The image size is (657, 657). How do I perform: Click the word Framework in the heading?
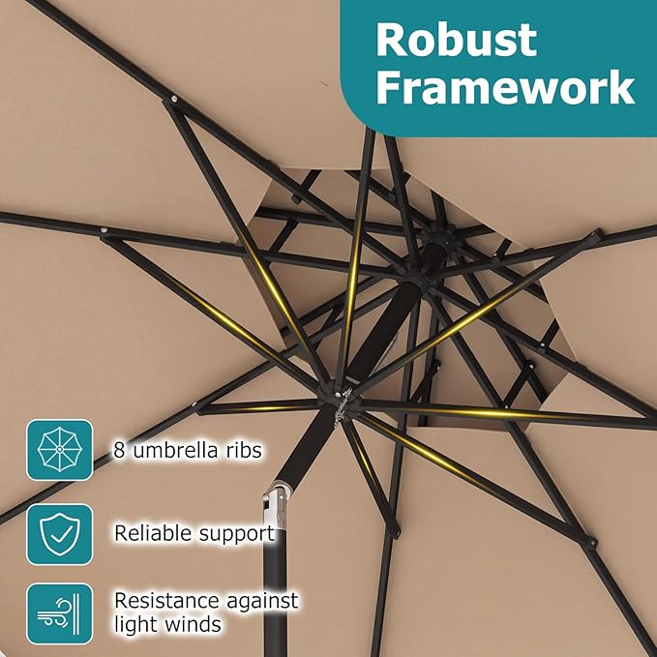(505, 87)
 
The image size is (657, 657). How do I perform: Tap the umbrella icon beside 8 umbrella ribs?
(59, 450)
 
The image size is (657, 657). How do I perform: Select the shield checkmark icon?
(59, 534)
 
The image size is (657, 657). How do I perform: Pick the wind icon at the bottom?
(59, 613)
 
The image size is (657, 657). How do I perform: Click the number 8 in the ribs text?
(119, 451)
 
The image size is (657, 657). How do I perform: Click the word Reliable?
(153, 533)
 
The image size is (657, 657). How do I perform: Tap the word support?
(237, 535)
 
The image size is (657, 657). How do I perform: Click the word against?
(263, 602)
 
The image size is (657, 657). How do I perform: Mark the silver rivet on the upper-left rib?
(173, 100)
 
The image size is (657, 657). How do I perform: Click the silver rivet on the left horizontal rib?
(104, 230)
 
